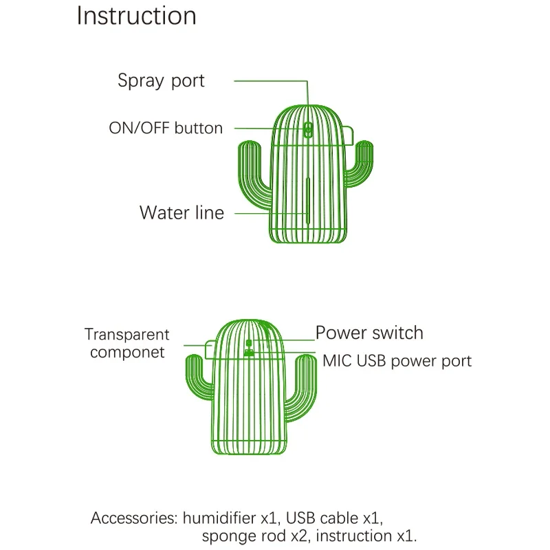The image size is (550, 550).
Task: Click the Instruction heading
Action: point(136,16)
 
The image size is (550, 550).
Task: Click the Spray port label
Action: point(161,80)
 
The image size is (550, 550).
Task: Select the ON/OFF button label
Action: point(166,128)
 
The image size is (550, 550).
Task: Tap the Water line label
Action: point(181,212)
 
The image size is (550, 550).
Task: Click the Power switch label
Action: point(369,333)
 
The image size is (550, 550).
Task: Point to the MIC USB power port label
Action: point(397,360)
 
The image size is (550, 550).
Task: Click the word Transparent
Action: point(126,335)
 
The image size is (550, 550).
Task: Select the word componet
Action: point(127,353)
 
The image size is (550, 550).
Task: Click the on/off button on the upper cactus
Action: point(308,129)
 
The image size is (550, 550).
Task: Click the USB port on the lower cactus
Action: point(248,353)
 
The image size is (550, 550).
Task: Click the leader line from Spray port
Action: point(272,81)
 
